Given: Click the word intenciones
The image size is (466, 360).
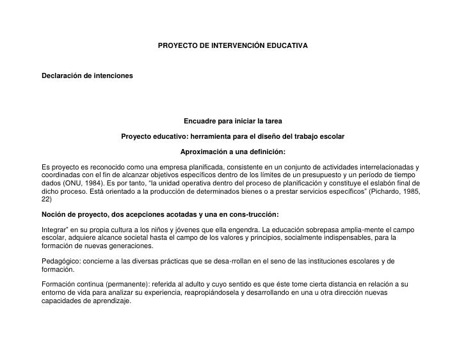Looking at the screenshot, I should click(112, 76).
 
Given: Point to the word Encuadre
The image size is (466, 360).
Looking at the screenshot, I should click(200, 121).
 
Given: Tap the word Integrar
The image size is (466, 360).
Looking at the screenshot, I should click(54, 230).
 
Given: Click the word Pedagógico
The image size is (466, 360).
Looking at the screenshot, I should click(60, 262).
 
